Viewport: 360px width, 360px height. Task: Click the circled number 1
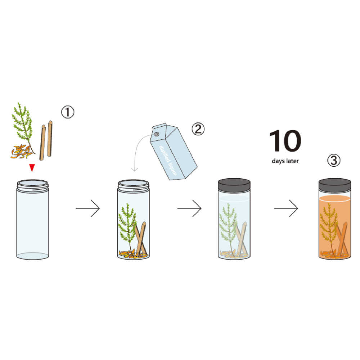68,112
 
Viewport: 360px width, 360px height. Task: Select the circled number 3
334,160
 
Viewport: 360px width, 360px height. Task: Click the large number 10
285,140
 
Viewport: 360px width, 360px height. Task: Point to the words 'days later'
285,161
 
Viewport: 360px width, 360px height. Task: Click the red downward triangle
32,168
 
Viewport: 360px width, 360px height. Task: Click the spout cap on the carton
156,134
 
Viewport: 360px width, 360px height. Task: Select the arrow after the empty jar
88,208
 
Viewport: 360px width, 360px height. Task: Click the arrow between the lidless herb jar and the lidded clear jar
189,208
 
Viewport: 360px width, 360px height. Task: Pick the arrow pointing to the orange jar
286,208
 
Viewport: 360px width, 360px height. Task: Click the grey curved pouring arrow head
134,169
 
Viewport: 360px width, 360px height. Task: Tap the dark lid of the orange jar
334,185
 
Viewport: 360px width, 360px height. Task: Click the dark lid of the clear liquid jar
234,185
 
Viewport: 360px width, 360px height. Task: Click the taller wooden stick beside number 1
50,139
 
